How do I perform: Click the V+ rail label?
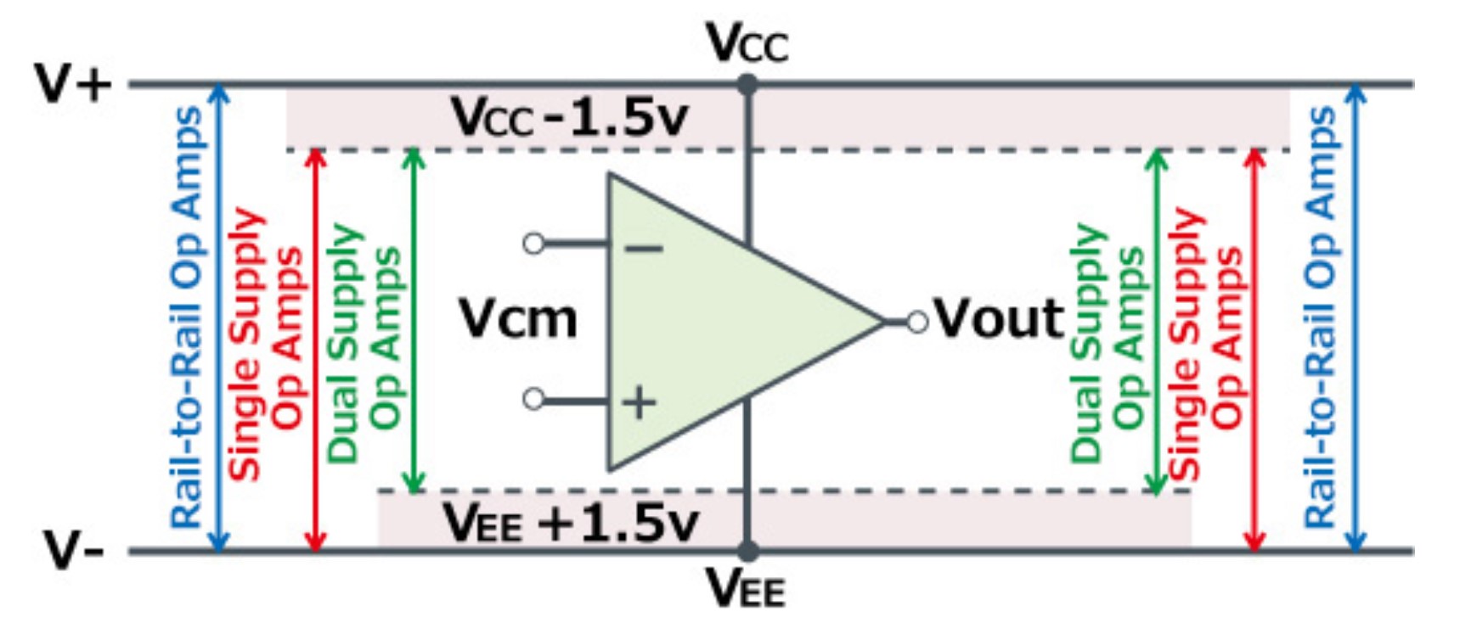point(73,83)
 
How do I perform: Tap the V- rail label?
point(73,551)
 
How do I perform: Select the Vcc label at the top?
point(747,42)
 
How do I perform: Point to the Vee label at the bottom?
point(747,587)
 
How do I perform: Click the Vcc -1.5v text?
point(569,117)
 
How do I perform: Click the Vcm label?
point(518,319)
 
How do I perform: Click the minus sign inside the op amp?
point(643,248)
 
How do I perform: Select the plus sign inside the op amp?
point(640,401)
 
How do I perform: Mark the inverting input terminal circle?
point(533,244)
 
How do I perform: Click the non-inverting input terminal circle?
point(533,398)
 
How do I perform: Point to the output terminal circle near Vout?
point(917,322)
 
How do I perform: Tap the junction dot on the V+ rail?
point(747,84)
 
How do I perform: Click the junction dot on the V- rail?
point(747,551)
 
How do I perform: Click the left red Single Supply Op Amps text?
point(264,339)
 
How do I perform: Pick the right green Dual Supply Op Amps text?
point(1108,339)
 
